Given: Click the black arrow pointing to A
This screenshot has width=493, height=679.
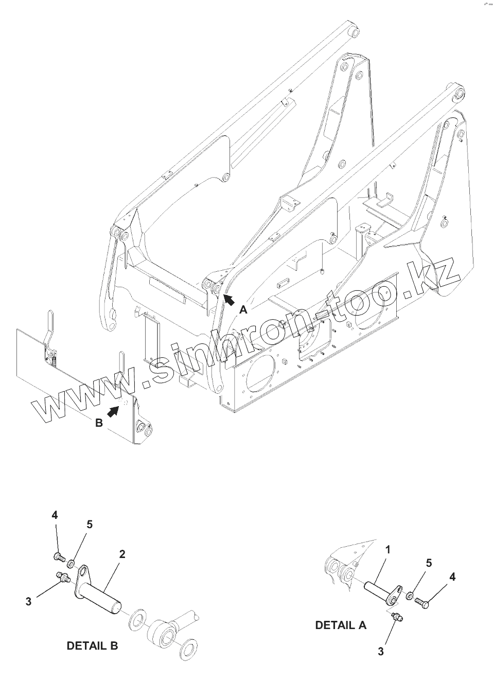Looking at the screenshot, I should (x=228, y=299).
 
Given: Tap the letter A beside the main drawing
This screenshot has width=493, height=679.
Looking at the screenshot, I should (x=243, y=309).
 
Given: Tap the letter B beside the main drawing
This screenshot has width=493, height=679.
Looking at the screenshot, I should (x=99, y=423).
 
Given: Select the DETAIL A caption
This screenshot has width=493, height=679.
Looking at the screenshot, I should (x=341, y=625).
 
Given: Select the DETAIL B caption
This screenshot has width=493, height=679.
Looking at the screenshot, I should (x=92, y=646).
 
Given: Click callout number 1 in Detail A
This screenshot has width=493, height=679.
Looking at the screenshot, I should (x=388, y=550).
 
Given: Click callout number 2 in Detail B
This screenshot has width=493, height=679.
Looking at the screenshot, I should (x=122, y=554).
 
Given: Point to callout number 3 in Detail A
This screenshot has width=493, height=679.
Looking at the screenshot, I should (x=380, y=651).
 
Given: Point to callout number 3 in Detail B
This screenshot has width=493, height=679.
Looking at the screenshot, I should (x=28, y=601).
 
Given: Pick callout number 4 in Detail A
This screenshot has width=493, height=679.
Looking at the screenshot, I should (x=452, y=577).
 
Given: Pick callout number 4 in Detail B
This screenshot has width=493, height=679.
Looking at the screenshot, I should (x=55, y=515).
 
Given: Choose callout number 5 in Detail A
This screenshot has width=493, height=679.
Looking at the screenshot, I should (x=428, y=563).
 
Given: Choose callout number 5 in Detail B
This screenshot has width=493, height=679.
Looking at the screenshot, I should (x=90, y=524).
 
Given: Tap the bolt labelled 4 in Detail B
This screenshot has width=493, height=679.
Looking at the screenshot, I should (x=58, y=556).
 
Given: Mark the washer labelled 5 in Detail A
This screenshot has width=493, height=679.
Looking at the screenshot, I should (x=410, y=597).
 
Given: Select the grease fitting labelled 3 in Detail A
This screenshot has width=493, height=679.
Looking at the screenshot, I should (x=397, y=617).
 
